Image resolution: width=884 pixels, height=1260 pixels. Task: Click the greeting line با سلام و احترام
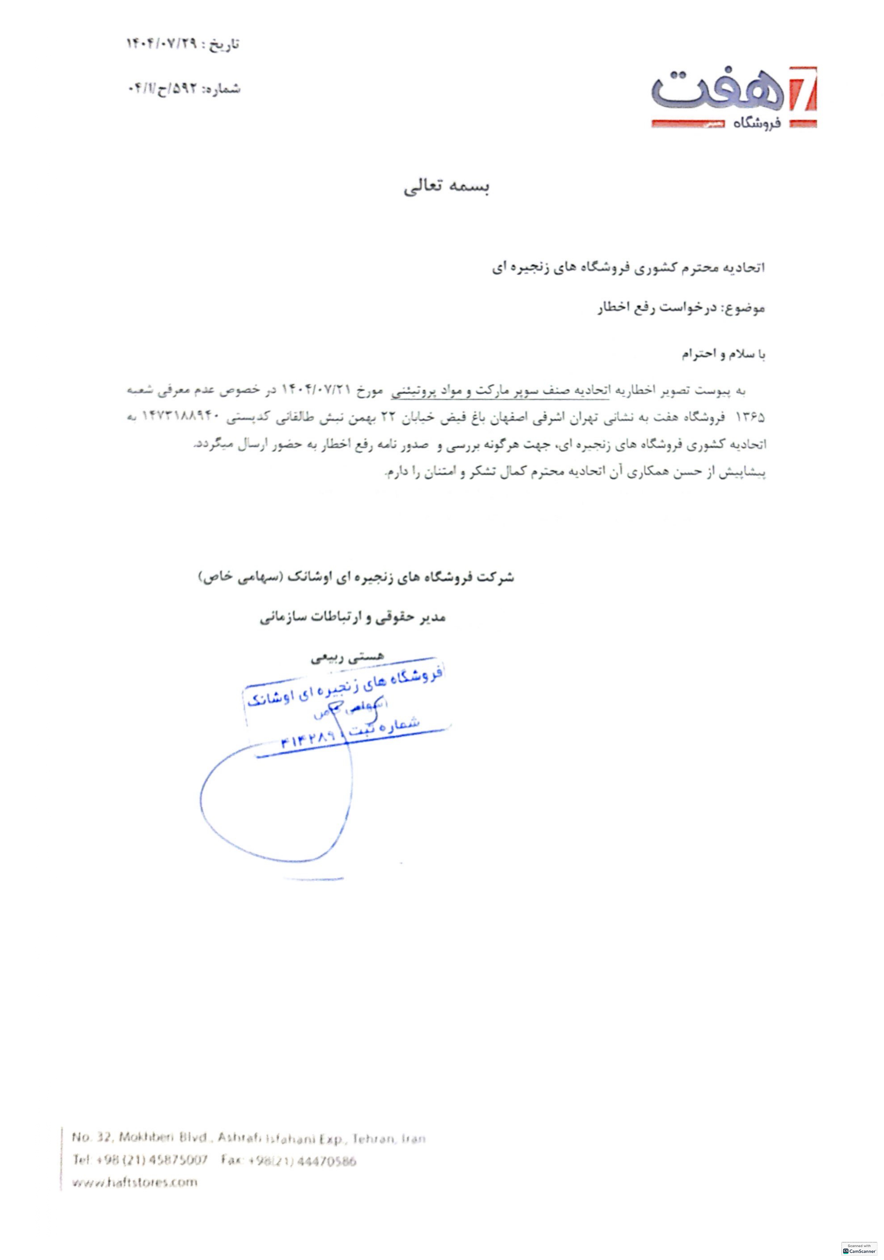[x=723, y=354]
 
